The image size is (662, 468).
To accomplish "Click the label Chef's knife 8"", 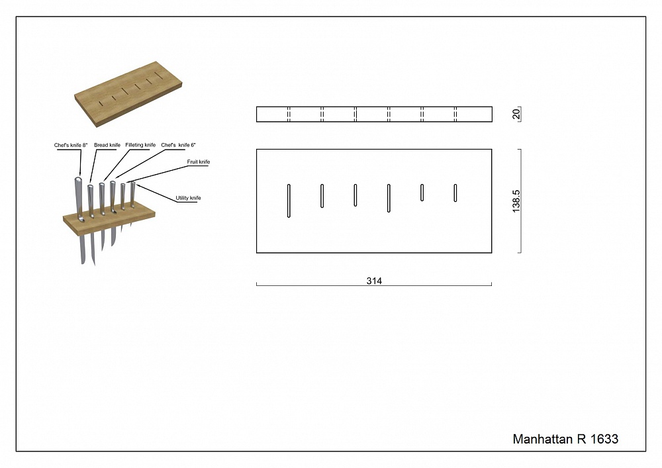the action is (x=71, y=145).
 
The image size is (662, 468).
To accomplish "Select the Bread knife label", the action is (x=107, y=145).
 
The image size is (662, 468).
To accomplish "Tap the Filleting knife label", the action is (x=140, y=145).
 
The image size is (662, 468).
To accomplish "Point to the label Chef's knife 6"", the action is (x=178, y=145).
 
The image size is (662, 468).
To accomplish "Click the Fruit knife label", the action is (x=199, y=162).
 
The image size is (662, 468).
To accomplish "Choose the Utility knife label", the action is (x=188, y=198).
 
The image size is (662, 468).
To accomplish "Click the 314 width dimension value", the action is (x=374, y=281).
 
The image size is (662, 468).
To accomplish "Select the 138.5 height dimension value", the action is (x=516, y=201).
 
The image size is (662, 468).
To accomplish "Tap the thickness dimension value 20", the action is (x=516, y=114).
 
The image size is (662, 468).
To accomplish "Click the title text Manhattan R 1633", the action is (x=565, y=439).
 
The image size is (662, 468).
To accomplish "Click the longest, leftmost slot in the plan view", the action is (x=289, y=201).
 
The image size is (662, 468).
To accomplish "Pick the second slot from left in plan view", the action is (x=322, y=196).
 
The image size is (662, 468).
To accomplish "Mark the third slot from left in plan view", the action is (x=355, y=195).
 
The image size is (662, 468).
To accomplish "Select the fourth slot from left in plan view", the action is (x=389, y=198).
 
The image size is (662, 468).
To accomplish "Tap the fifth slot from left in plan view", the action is (x=422, y=193).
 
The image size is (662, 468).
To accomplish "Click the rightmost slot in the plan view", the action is (x=455, y=193).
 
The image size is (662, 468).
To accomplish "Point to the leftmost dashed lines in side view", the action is (x=289, y=115).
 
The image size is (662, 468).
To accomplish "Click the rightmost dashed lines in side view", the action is (x=455, y=115).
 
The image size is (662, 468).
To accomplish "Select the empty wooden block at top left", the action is (x=128, y=94).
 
